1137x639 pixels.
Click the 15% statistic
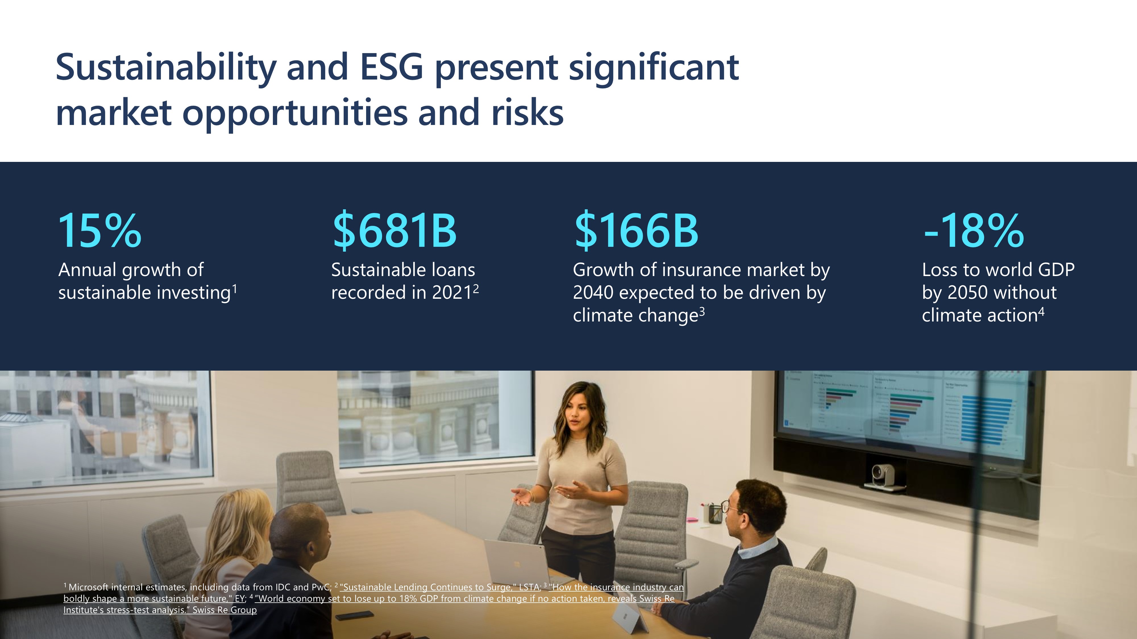pos(100,231)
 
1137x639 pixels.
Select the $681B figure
pos(394,231)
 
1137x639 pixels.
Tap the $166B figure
pos(636,231)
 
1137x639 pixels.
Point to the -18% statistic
pos(973,231)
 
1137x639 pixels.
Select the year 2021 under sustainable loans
pos(453,293)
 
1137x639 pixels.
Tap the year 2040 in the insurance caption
pos(593,293)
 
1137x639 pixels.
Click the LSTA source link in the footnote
pos(529,587)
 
